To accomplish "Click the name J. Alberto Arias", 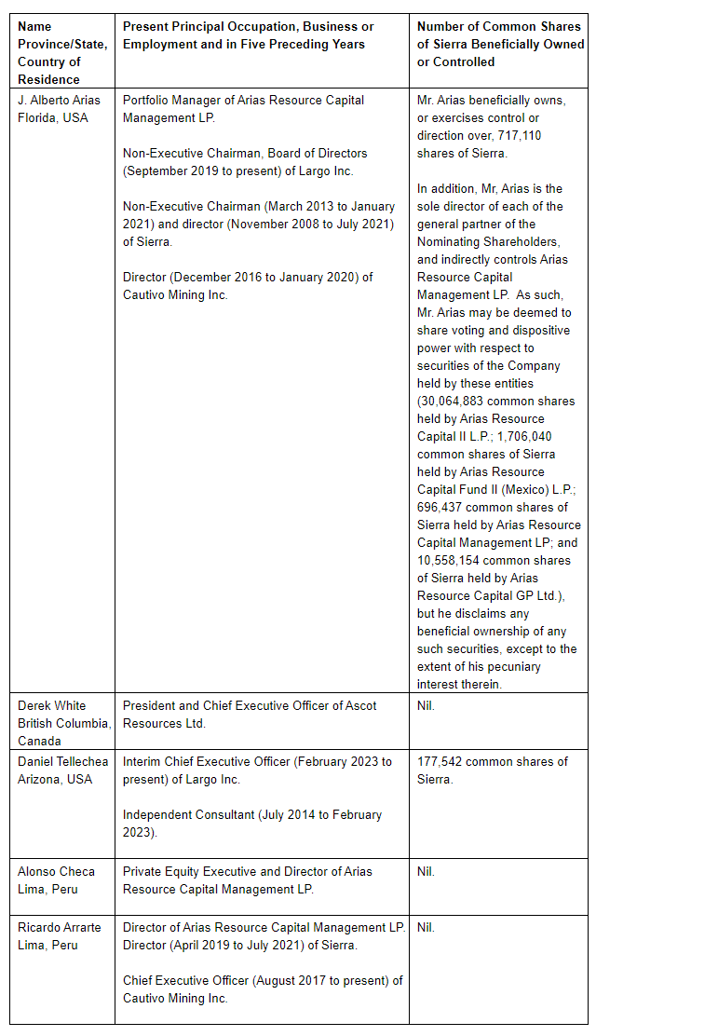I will [59, 100].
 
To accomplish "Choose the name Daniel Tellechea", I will [62, 761].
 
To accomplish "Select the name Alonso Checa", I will [56, 871].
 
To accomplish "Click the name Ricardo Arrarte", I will [60, 927].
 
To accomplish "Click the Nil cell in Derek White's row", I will [426, 705].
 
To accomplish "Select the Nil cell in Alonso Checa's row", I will [426, 871].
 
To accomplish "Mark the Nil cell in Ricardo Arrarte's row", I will [426, 927].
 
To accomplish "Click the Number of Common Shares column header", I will [499, 44].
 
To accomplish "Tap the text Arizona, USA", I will [55, 779].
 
